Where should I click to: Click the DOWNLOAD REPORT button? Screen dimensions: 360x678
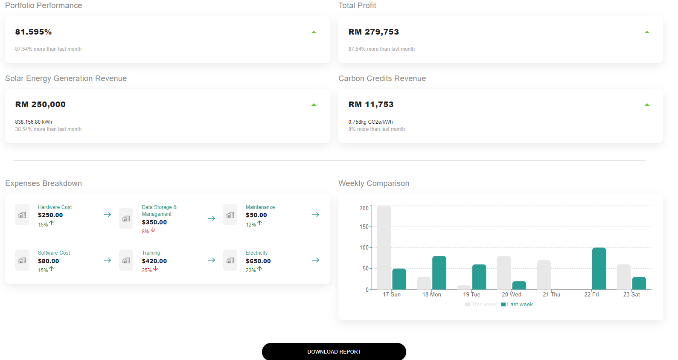334,351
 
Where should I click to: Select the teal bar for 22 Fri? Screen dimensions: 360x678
599,269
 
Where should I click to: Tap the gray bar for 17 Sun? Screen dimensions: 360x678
384,247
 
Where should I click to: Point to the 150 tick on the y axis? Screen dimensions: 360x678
364,226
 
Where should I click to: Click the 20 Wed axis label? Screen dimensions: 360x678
511,294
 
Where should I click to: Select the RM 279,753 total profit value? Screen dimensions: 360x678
373,32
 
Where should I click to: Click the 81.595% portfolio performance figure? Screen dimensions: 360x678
33,32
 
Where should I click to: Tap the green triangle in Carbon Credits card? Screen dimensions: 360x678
647,105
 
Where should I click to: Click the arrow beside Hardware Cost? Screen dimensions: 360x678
108,215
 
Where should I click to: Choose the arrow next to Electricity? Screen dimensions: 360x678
315,260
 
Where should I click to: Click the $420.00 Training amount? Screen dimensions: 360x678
154,261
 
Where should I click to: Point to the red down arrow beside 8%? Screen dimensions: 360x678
153,230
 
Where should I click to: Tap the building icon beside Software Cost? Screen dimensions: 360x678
22,260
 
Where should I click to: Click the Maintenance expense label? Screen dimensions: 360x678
260,207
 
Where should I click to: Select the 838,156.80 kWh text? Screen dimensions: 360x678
34,122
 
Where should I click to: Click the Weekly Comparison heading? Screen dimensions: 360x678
373,183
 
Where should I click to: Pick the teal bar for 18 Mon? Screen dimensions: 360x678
439,273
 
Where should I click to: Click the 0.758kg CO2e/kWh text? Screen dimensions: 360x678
370,122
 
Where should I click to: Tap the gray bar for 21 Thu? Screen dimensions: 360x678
544,275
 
